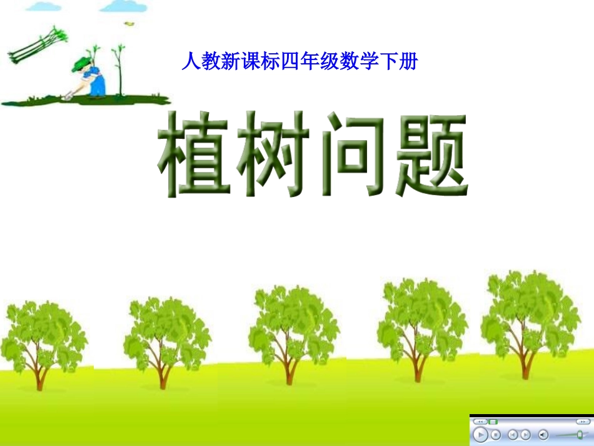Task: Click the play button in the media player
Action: (x=480, y=434)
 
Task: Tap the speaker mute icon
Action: (x=543, y=434)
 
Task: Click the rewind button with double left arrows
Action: (x=480, y=422)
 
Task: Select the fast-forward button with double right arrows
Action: (x=583, y=422)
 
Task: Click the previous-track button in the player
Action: (x=512, y=434)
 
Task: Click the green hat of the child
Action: (x=82, y=63)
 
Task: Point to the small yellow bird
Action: (x=129, y=23)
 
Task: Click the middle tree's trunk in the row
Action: (x=289, y=369)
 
